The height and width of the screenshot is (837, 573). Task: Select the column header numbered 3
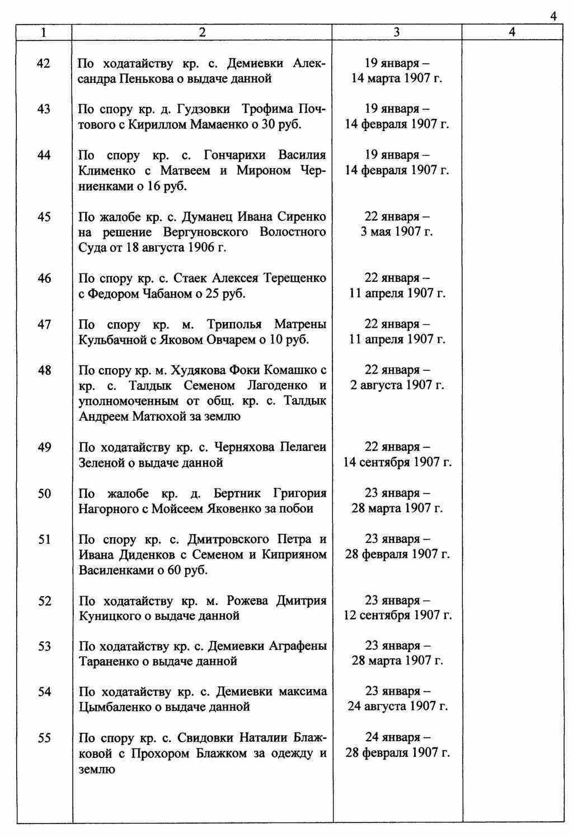397,32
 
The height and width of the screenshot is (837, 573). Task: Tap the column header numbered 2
202,32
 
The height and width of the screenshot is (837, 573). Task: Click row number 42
44,63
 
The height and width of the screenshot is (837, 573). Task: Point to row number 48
44,370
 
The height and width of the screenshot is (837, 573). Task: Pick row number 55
44,738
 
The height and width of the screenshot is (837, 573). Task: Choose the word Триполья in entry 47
233,324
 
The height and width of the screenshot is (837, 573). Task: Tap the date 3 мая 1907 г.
397,232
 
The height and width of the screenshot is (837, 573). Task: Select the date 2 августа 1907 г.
397,385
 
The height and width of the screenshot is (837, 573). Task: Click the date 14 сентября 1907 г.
397,462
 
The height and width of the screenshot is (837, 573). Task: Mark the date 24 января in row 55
397,737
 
